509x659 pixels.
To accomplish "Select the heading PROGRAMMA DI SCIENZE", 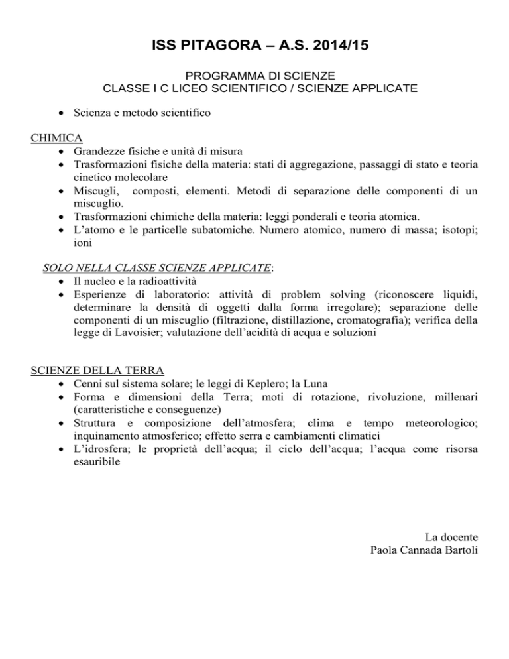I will (x=254, y=76).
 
